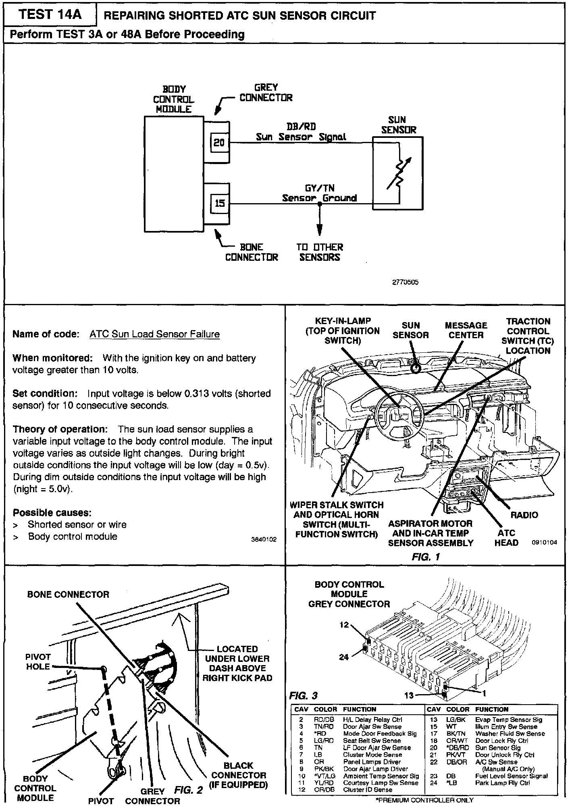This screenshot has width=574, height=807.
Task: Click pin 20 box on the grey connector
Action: click(219, 143)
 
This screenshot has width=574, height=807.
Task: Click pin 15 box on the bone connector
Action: click(219, 203)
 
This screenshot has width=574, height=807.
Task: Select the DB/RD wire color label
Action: click(301, 127)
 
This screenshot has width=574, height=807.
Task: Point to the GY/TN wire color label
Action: click(320, 188)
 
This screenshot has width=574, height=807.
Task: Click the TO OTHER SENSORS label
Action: click(320, 252)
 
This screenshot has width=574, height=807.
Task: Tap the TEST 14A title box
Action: click(50, 15)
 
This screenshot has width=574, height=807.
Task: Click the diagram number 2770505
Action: click(405, 283)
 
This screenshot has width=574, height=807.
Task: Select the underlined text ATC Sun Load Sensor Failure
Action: click(154, 334)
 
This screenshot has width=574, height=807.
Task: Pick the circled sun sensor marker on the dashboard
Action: click(415, 368)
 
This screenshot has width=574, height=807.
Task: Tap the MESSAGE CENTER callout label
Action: click(466, 330)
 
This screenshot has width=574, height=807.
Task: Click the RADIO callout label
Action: click(524, 515)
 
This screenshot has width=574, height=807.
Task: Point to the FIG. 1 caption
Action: click(426, 557)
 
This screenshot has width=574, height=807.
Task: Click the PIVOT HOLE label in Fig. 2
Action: click(38, 661)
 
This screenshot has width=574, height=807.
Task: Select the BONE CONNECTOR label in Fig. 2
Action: click(68, 595)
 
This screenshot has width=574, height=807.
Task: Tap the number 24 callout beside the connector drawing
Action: click(343, 657)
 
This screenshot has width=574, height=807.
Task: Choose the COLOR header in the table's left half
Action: click(325, 709)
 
